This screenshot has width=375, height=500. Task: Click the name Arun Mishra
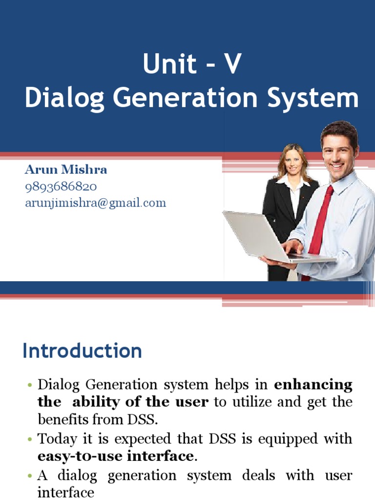coord(66,170)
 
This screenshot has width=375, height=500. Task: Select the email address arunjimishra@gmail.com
coord(96,203)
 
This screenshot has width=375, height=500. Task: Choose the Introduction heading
coord(82,351)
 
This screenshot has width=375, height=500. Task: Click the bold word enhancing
coord(313,385)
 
